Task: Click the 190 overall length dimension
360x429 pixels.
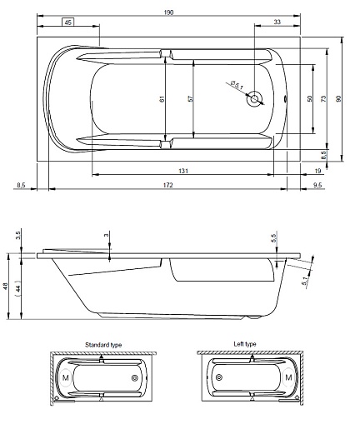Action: pos(168,12)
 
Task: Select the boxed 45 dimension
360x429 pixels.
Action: pos(68,22)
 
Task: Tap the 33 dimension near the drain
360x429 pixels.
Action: pos(277,22)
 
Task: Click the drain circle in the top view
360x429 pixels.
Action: pos(254,98)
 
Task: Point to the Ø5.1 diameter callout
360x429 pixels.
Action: pos(237,85)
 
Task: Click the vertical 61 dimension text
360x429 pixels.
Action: pos(162,98)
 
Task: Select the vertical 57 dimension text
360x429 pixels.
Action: pos(191,98)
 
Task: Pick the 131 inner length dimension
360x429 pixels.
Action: pos(183,171)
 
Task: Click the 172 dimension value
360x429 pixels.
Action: pos(168,185)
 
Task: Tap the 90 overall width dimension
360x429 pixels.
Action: pos(338,98)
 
